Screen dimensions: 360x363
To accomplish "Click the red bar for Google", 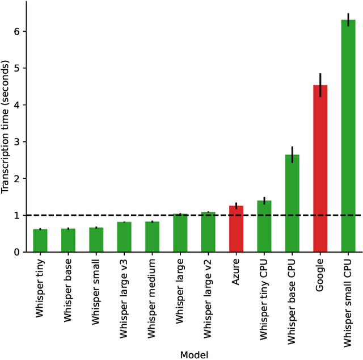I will [x=320, y=170].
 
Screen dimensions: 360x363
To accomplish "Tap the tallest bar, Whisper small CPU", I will [x=348, y=136].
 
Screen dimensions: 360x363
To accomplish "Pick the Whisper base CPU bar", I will [x=292, y=204].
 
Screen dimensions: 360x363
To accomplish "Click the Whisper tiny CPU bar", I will [x=264, y=227].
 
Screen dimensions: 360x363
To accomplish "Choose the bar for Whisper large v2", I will [x=208, y=233].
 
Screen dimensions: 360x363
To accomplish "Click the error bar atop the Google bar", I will [x=320, y=85].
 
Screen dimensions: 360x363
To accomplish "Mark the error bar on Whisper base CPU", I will [x=292, y=154].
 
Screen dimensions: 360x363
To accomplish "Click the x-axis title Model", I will [x=194, y=355].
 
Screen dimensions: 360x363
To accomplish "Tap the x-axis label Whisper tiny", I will [x=40, y=288].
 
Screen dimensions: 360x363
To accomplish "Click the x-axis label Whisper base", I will [x=68, y=290].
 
